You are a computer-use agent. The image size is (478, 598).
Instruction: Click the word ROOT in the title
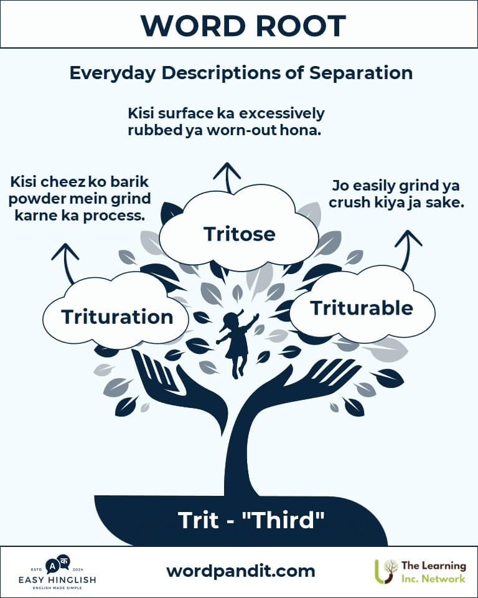click(301, 26)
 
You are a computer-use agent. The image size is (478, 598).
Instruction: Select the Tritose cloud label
click(239, 234)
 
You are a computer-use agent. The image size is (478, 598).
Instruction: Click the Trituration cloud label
click(117, 317)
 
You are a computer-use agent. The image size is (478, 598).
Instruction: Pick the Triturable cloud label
click(362, 308)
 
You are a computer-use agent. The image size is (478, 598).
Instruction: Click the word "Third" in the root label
click(283, 520)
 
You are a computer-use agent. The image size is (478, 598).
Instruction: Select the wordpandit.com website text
click(240, 571)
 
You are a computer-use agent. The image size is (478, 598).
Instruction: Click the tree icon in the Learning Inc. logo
click(385, 571)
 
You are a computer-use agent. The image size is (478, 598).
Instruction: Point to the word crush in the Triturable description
click(350, 202)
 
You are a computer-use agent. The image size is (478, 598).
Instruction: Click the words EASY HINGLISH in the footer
click(57, 580)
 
